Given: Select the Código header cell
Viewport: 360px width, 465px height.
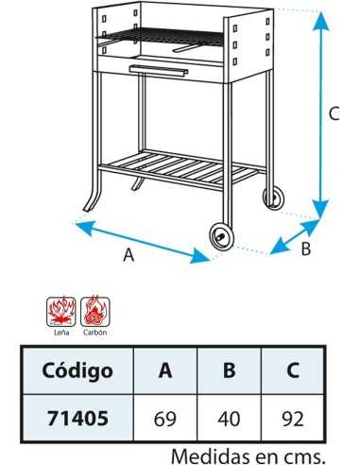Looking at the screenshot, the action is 77,370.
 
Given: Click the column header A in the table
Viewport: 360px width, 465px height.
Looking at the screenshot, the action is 165,370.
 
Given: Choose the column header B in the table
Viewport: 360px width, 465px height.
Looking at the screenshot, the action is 229,370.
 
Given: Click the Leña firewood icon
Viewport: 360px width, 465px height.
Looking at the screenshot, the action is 61,310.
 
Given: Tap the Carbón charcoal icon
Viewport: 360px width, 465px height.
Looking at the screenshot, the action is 94,310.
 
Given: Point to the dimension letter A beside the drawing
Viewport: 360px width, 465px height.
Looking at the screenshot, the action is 129,255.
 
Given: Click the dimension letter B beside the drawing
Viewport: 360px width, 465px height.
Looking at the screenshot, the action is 304,250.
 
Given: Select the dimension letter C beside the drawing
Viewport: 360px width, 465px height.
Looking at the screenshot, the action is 334,114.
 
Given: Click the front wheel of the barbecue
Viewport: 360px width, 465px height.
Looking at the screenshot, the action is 221,236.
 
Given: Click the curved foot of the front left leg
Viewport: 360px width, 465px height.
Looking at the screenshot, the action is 92,201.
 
